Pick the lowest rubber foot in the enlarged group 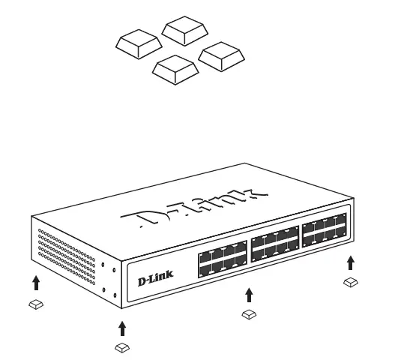[x=174, y=69]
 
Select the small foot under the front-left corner [x=121, y=347]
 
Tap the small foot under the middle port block [x=249, y=314]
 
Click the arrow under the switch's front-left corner [x=121, y=328]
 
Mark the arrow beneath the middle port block [x=249, y=292]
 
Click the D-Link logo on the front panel [x=156, y=279]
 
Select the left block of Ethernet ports [x=222, y=259]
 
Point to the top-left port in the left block [x=205, y=255]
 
